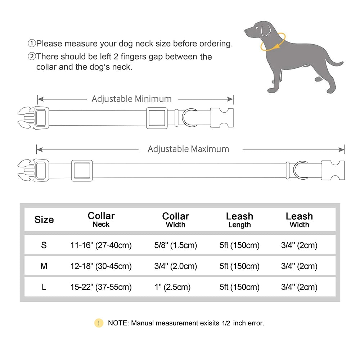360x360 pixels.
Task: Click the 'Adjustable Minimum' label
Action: [131, 99]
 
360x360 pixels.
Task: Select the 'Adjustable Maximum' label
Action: [188, 149]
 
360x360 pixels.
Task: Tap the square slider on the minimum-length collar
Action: [156, 118]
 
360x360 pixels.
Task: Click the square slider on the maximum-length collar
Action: [82, 170]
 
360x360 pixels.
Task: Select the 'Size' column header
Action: [44, 220]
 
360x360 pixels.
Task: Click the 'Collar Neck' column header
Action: [101, 219]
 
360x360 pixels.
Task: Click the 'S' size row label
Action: [44, 246]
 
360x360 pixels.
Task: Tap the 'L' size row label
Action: [44, 287]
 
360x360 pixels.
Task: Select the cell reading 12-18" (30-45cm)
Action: [101, 266]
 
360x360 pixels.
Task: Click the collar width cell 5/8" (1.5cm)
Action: [175, 246]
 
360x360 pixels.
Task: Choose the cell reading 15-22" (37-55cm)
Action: [101, 287]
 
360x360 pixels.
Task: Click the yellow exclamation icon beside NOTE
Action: [99, 323]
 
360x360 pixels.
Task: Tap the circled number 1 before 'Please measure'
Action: [32, 44]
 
